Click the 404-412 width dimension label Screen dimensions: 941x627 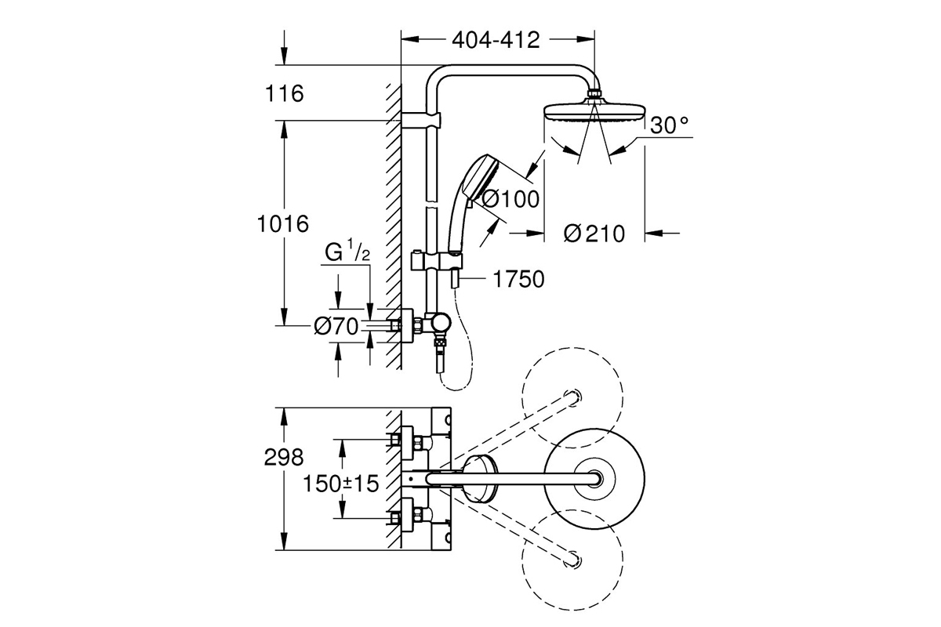pos(496,41)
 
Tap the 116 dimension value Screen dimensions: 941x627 pos(284,93)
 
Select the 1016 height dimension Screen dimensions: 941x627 pos(283,224)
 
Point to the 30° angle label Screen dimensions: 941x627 pos(670,125)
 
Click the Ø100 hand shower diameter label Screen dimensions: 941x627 pos(510,198)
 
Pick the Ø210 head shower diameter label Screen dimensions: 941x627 pos(594,234)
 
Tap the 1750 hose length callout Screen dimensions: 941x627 pos(518,279)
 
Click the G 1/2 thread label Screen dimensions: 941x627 pos(347,253)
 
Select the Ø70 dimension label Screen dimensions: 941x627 pos(336,326)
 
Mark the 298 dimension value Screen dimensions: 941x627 pos(284,458)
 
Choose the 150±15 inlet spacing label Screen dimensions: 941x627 pos(340,484)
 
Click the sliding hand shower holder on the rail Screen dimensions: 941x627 pos(438,261)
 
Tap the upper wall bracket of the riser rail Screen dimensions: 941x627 pos(421,120)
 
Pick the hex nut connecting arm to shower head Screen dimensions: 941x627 pos(594,92)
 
